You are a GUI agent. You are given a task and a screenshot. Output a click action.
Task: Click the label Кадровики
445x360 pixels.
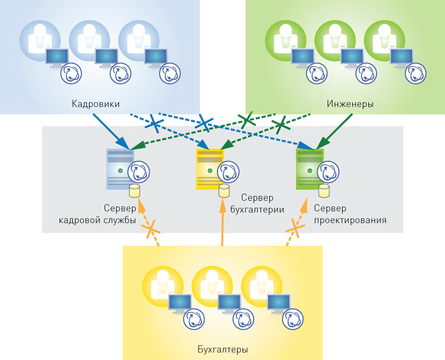96,103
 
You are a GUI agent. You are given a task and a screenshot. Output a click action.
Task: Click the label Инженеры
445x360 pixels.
349,103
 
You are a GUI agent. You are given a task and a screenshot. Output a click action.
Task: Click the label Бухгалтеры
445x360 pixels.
222,350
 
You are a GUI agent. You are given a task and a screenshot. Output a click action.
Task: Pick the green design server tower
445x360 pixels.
309,169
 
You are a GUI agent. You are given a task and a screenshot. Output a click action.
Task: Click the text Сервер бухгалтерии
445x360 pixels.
256,204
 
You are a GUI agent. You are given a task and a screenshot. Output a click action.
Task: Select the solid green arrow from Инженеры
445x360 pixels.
336,132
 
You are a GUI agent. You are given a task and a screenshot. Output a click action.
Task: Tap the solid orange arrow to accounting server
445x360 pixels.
222,223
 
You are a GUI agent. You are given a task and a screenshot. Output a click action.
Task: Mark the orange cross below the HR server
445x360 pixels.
151,228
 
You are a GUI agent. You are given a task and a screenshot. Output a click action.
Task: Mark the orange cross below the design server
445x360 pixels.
296,228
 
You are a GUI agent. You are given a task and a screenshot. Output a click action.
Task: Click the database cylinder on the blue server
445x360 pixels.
134,191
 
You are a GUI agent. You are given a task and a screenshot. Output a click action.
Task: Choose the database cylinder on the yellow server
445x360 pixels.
224,191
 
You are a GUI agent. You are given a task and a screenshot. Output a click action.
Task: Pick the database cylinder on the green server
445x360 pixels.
323,191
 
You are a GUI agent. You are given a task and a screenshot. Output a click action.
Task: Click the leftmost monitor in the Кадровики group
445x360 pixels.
56,57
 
